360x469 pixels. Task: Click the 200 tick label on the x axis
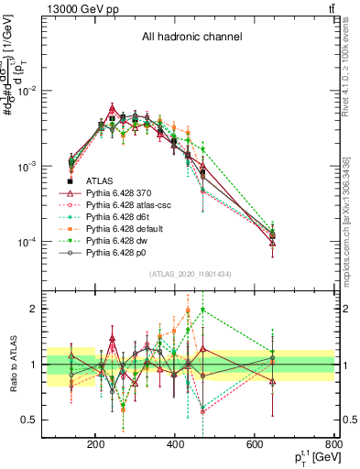(x=95, y=445)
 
